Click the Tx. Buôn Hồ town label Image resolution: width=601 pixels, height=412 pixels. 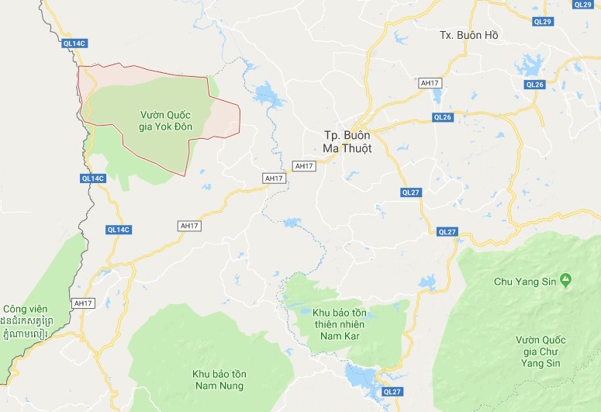pos(468,36)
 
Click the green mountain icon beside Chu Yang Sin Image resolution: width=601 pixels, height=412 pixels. pos(566,279)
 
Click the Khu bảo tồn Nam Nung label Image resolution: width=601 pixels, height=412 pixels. pos(218,379)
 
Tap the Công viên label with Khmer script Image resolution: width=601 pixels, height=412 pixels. pos(26,320)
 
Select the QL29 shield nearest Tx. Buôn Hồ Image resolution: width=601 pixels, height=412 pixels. pos(543,21)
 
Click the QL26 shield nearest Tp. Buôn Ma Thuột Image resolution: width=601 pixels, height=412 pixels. pos(443,118)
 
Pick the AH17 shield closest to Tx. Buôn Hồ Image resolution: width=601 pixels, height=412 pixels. pos(429,83)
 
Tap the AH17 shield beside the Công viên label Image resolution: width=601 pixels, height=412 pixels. pos(82,303)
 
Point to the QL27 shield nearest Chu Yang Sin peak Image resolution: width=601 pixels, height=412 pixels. pos(447,232)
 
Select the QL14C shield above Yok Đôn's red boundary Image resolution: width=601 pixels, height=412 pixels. pos(73,43)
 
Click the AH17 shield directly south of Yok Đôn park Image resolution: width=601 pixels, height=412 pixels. pos(189,226)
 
